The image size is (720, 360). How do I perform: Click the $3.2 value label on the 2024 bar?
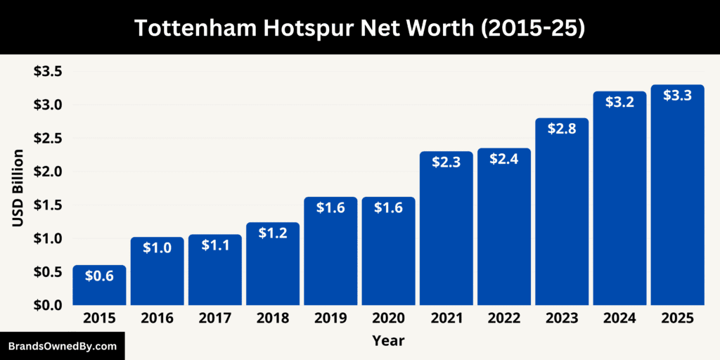[x=619, y=102]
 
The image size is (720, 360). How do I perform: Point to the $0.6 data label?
[x=99, y=276]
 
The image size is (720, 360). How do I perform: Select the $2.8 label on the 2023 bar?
[x=562, y=129]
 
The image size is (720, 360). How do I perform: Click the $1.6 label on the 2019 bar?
[x=330, y=207]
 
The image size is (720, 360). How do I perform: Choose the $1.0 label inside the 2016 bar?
[x=157, y=247]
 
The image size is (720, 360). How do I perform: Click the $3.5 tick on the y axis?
[x=47, y=71]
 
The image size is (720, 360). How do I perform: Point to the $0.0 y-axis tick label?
[x=47, y=305]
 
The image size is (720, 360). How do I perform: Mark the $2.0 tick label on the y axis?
[x=47, y=172]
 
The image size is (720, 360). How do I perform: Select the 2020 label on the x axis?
[x=388, y=319]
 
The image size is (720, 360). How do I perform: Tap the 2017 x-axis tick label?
[x=214, y=319]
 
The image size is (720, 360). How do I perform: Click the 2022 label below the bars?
[x=504, y=319]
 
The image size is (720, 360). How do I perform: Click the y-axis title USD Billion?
[x=18, y=188]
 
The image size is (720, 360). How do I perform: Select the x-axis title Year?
[x=388, y=341]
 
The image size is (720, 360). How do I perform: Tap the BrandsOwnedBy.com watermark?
[x=62, y=346]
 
